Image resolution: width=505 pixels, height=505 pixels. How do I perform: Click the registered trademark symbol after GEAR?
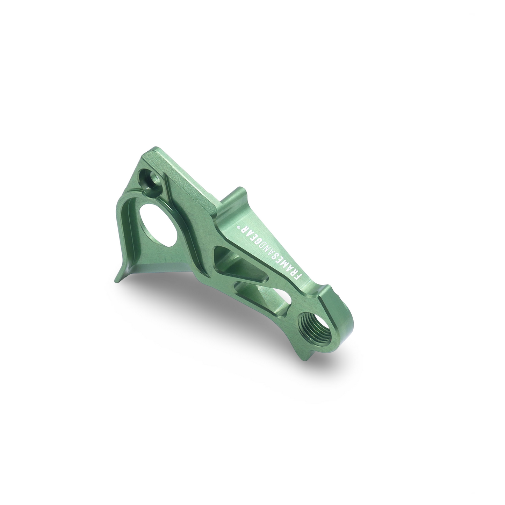tap(239, 226)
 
